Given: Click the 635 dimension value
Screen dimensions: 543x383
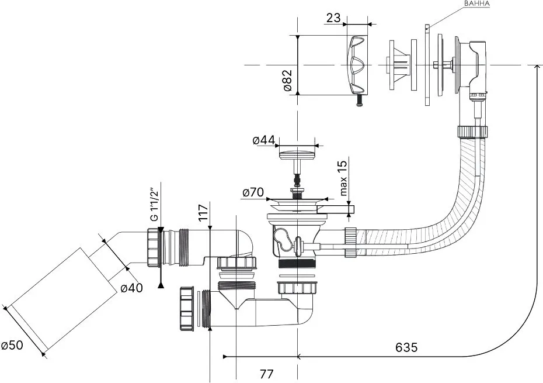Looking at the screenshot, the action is click(406, 347).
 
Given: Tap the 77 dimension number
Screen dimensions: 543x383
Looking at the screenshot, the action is click(266, 374).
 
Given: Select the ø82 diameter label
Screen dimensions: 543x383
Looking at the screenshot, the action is click(288, 80).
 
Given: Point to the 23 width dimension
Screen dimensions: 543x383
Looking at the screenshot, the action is click(333, 18).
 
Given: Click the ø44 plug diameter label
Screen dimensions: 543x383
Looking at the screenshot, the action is click(264, 140).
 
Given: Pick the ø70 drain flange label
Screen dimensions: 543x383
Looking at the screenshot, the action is click(253, 192).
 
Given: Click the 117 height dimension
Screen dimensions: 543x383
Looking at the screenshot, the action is click(203, 213).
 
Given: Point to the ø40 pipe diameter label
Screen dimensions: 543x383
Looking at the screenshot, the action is click(131, 288).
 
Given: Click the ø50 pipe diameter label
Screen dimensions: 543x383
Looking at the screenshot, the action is click(12, 345).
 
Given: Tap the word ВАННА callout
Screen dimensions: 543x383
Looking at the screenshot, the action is click(477, 4).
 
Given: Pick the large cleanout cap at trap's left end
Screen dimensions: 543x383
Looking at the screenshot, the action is click(186, 309).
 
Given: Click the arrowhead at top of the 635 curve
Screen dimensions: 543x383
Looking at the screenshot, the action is click(537, 67).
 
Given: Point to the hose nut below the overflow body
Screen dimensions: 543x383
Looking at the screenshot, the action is click(473, 132).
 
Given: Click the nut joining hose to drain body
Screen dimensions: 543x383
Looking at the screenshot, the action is click(350, 242).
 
